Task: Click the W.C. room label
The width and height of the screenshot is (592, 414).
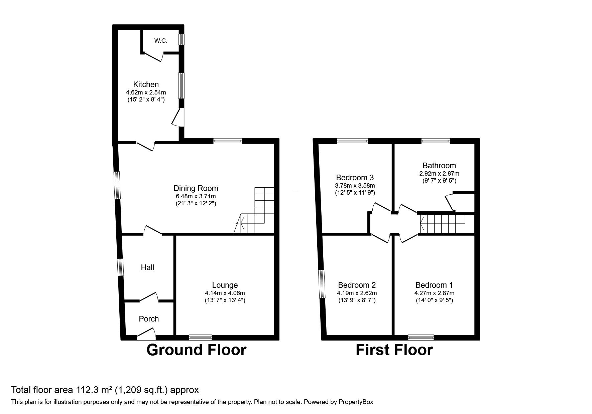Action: point(160,41)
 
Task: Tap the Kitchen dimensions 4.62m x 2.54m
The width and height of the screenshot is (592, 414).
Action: point(146,92)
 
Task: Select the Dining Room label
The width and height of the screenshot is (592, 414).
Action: point(196,188)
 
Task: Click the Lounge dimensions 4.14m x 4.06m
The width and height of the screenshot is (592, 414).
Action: point(225,293)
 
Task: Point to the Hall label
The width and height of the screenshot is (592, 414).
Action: point(147,267)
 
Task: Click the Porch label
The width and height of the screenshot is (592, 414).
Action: point(149,319)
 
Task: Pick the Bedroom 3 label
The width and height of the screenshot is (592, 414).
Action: point(355,177)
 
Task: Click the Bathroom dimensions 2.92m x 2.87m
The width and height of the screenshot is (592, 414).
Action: point(439,174)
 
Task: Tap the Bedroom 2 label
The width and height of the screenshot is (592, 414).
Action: point(357,285)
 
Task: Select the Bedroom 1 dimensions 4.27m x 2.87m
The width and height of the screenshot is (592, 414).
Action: point(434,293)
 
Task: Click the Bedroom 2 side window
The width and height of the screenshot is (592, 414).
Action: point(322,284)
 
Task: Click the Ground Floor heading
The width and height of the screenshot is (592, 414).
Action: point(196,350)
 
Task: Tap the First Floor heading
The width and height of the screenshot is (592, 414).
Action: point(394,350)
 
